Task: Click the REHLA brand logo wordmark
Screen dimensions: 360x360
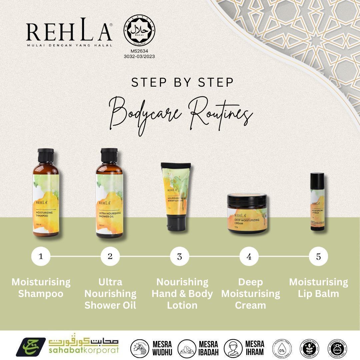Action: pyautogui.click(x=69, y=32)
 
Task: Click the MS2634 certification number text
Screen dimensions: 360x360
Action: pyautogui.click(x=139, y=52)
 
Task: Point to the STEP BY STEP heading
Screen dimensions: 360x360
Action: pyautogui.click(x=182, y=83)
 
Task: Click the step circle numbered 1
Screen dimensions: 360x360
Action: pyautogui.click(x=41, y=256)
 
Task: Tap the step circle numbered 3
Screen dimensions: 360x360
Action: pyautogui.click(x=180, y=256)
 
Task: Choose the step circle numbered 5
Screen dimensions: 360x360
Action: pyautogui.click(x=318, y=256)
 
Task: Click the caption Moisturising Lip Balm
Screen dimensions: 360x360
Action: pyautogui.click(x=318, y=288)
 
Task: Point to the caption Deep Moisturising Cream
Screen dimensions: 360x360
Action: pyautogui.click(x=250, y=293)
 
